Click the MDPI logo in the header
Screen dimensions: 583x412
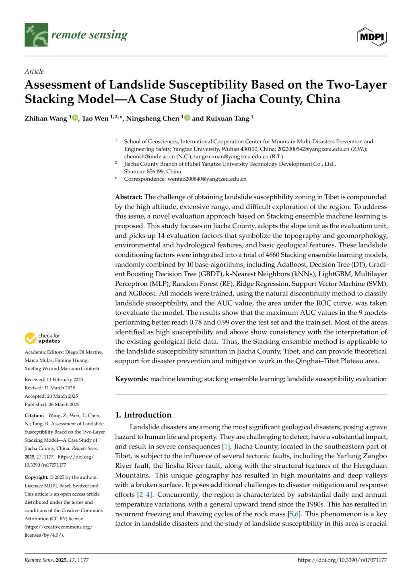point(372,37)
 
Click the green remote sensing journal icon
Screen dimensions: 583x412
point(36,35)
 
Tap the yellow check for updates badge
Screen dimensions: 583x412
point(31,338)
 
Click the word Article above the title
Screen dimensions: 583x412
point(34,72)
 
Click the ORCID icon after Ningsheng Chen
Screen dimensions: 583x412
point(187,118)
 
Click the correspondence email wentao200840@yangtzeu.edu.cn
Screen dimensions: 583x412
point(207,179)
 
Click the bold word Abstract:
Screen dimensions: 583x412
point(129,197)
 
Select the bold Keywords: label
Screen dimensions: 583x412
point(132,379)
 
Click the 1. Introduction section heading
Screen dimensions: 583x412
point(143,415)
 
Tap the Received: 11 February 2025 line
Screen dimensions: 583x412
point(54,380)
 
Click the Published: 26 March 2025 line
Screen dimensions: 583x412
point(52,405)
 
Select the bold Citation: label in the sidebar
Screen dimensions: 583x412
point(34,416)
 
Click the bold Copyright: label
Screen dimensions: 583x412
point(36,478)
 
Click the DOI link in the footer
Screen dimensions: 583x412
point(342,560)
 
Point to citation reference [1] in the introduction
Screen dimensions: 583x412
point(227,447)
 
